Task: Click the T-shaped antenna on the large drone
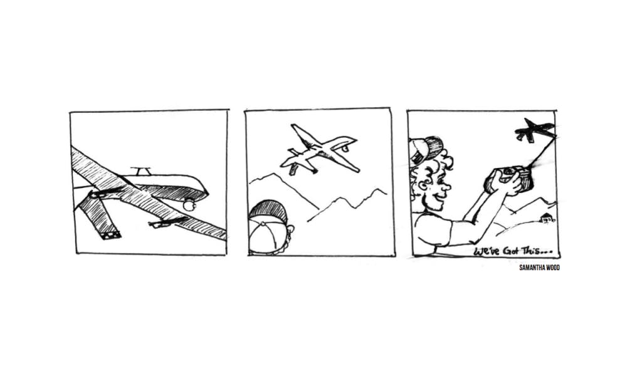(x=140, y=170)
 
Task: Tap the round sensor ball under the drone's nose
(x=189, y=206)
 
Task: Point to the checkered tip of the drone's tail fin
(x=110, y=235)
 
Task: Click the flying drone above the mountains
(x=319, y=150)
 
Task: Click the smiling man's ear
(x=423, y=185)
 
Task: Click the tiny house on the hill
(x=547, y=218)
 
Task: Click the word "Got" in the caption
(x=510, y=252)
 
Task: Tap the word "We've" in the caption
(x=487, y=252)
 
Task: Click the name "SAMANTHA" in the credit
(x=532, y=268)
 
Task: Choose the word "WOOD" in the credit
(x=554, y=268)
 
